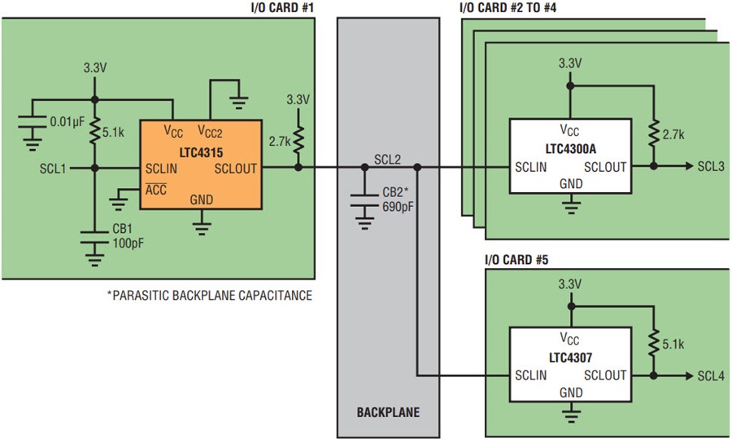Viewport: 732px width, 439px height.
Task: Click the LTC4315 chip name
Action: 201,153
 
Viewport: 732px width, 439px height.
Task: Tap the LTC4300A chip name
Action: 570,149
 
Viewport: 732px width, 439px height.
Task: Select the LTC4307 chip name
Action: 570,358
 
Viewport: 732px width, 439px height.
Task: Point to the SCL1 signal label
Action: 53,169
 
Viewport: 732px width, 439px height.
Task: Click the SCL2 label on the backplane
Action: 387,160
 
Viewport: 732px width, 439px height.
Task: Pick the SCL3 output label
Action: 711,166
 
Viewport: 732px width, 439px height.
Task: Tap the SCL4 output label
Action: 711,376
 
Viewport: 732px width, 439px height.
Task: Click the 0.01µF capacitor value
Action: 68,122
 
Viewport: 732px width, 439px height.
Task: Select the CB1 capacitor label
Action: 122,229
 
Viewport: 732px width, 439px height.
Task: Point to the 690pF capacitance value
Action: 398,207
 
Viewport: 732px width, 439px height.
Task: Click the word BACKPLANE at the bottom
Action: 388,412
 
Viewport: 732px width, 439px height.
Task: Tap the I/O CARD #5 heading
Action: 516,260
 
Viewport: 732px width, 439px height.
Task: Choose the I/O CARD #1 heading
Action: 282,8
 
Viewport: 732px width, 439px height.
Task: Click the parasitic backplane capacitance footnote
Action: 210,296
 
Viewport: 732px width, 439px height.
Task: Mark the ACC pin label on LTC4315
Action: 155,189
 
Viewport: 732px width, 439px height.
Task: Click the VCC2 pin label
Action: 210,131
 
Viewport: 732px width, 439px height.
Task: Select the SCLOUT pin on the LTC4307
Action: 605,375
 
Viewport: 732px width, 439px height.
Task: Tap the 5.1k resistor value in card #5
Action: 673,345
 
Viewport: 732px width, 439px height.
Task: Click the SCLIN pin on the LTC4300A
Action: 531,167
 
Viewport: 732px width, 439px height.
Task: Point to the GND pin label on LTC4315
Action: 201,200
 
